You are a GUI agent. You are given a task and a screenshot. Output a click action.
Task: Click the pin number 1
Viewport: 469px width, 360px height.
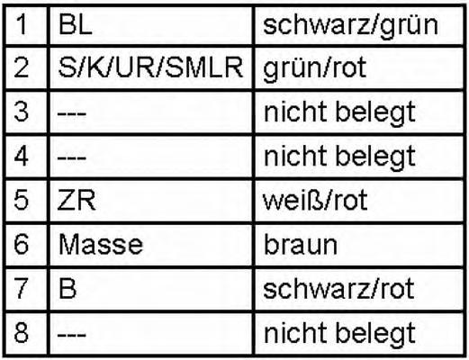[22, 24]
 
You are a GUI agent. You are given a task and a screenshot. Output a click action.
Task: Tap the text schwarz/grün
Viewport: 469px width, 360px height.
[350, 26]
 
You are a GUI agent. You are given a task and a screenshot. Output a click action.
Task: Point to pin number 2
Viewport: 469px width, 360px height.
[22, 67]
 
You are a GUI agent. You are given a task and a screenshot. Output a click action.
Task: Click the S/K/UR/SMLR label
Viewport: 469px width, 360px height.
[150, 67]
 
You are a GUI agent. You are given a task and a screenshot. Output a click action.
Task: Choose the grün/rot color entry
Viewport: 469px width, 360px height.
[315, 69]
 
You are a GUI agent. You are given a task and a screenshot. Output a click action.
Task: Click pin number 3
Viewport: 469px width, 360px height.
[22, 112]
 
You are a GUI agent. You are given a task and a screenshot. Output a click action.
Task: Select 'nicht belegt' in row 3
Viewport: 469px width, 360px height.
[339, 113]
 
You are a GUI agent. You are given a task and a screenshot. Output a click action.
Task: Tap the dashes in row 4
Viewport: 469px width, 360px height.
[72, 158]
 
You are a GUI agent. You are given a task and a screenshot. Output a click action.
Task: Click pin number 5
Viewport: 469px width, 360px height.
[22, 201]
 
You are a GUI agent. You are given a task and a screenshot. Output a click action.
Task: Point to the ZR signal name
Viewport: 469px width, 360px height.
[77, 201]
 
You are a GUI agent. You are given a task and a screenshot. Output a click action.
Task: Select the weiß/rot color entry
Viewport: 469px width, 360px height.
[315, 200]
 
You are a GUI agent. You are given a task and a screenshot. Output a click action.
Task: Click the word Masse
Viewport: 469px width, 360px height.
[101, 245]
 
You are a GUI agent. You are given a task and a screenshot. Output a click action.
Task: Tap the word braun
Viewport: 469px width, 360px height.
[301, 245]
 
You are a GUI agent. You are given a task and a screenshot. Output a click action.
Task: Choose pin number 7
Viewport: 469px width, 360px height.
[22, 289]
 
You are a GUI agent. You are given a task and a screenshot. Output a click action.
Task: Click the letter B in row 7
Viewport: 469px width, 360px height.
[68, 289]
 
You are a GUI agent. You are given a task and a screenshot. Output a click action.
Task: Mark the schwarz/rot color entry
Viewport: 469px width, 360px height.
[338, 289]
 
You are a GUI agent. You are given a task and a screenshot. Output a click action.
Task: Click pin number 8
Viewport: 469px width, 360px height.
[22, 333]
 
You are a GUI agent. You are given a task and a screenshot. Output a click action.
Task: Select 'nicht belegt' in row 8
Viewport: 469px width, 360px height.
[339, 334]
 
